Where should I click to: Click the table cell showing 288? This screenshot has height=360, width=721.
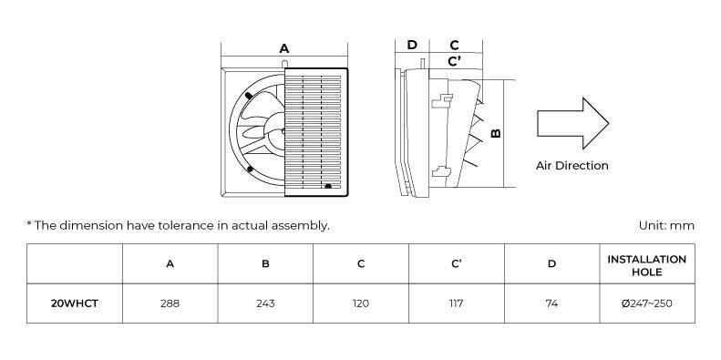(x=170, y=303)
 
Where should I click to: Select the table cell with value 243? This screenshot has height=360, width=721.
(x=265, y=303)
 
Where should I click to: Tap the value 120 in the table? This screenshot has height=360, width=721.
(x=361, y=303)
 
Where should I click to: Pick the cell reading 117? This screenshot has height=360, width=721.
(x=456, y=303)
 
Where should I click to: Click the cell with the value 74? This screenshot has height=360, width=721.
(x=551, y=303)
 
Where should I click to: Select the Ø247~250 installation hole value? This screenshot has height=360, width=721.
(x=646, y=303)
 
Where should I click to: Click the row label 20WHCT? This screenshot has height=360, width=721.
(x=75, y=303)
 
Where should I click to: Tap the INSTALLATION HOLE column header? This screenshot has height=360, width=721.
(x=646, y=264)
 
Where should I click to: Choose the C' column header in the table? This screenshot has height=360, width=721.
(x=456, y=264)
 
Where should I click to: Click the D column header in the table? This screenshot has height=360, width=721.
(x=551, y=264)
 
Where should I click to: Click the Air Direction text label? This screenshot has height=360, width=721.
(x=572, y=166)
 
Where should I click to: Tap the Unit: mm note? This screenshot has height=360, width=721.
(x=667, y=224)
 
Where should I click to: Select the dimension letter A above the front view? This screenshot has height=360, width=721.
(x=284, y=48)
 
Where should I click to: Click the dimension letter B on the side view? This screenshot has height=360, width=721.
(x=496, y=133)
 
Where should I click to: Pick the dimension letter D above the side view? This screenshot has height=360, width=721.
(x=412, y=45)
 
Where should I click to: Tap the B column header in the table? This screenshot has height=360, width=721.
(x=265, y=264)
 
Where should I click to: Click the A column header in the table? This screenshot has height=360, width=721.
(x=170, y=264)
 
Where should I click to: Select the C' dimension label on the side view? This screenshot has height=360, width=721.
(x=454, y=61)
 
